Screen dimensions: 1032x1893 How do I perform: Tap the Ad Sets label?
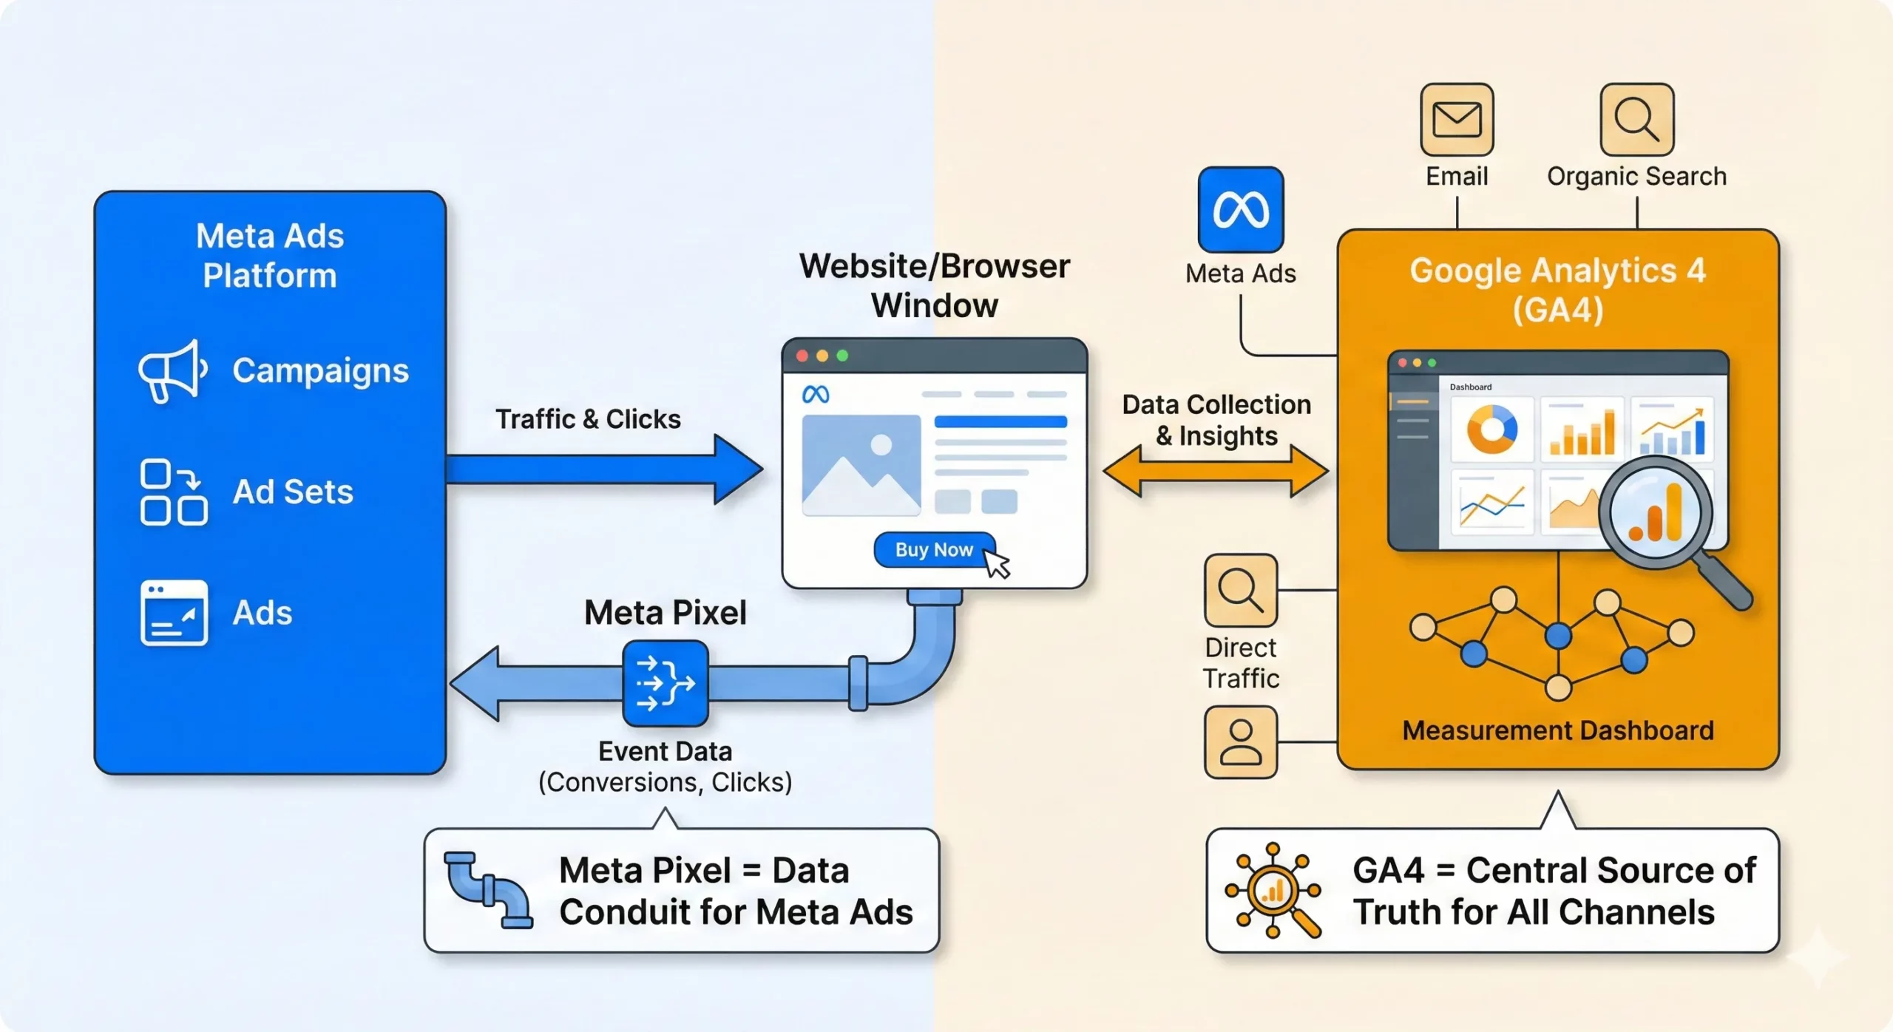point(293,492)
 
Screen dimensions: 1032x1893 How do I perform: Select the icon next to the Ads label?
point(174,613)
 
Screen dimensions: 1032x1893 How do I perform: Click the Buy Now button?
point(934,550)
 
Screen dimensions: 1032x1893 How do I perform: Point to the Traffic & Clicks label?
point(588,419)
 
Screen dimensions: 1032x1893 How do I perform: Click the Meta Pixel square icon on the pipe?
point(666,683)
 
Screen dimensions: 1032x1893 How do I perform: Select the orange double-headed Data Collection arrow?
point(1215,471)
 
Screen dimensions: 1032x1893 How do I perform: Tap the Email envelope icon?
point(1457,120)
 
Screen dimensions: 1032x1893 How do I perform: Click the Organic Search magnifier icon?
point(1636,120)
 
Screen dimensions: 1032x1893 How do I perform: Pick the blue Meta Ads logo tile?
point(1240,210)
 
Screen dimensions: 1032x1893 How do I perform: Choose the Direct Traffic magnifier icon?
point(1241,591)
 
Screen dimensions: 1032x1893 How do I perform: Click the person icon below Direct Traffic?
point(1241,741)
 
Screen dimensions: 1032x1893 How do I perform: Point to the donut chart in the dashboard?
point(1491,430)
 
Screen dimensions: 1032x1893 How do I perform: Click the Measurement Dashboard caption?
point(1557,730)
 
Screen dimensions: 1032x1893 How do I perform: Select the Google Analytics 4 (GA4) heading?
point(1557,290)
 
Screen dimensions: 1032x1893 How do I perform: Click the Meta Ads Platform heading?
point(270,256)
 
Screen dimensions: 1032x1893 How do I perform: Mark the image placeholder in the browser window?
point(861,464)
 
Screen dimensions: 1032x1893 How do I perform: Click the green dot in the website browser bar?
point(842,356)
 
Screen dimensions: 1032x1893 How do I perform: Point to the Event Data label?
point(665,751)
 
